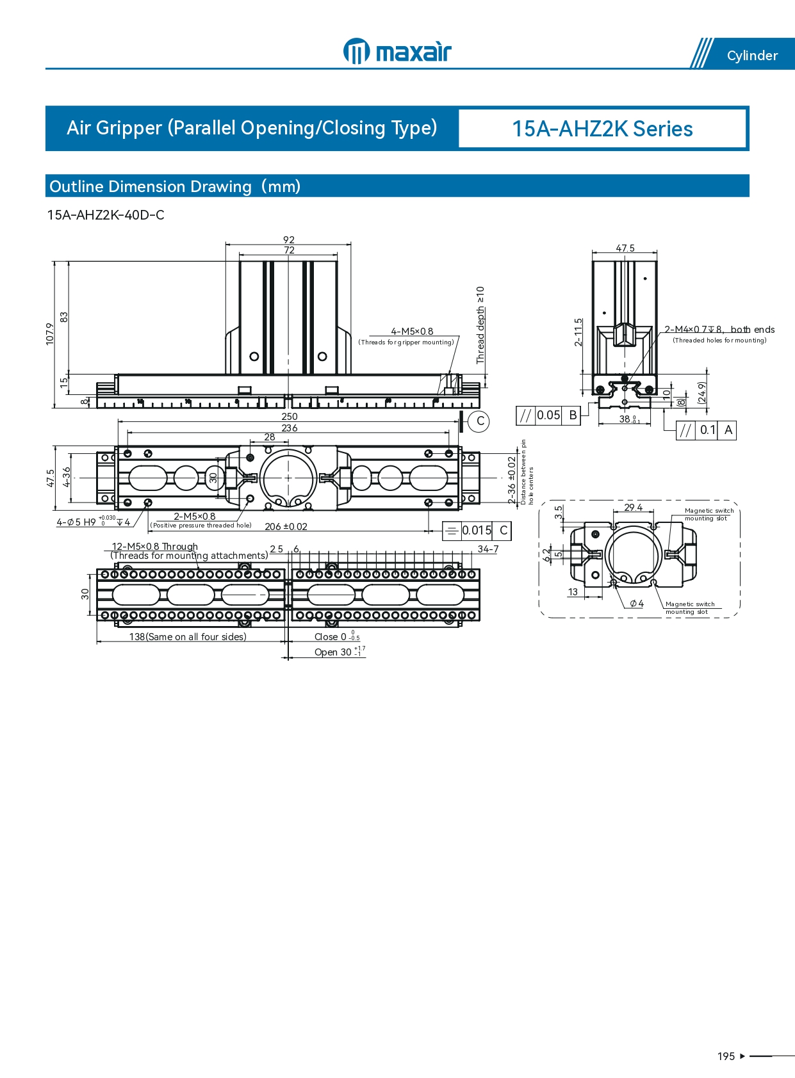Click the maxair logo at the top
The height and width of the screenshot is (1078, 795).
pyautogui.click(x=397, y=51)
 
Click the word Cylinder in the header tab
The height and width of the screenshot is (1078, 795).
pyautogui.click(x=752, y=56)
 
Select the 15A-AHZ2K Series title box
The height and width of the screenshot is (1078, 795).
pyautogui.click(x=602, y=129)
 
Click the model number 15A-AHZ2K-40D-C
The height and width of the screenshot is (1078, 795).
pyautogui.click(x=106, y=215)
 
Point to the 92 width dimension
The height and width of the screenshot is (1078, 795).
pyautogui.click(x=289, y=240)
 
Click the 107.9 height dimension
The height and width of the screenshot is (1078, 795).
pyautogui.click(x=50, y=334)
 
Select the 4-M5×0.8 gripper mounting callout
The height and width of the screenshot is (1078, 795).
pyautogui.click(x=412, y=332)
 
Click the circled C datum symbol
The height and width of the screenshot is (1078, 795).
pyautogui.click(x=480, y=421)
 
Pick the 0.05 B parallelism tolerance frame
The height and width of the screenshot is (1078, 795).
pyautogui.click(x=548, y=415)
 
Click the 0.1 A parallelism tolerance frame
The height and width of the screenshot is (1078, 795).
pyautogui.click(x=707, y=430)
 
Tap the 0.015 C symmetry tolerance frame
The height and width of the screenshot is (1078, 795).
pyautogui.click(x=477, y=531)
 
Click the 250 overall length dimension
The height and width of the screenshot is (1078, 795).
pyautogui.click(x=289, y=417)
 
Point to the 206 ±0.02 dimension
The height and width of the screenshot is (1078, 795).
pyautogui.click(x=286, y=527)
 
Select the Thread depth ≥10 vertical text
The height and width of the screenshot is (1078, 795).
pyautogui.click(x=480, y=325)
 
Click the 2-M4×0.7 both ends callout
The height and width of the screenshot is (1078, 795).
pyautogui.click(x=719, y=330)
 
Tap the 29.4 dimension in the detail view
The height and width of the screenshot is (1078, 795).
pyautogui.click(x=633, y=508)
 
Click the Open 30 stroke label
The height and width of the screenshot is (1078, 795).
pyautogui.click(x=333, y=652)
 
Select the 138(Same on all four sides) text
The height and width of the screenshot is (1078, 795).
pyautogui.click(x=188, y=637)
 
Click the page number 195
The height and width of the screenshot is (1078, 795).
pyautogui.click(x=726, y=1056)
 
